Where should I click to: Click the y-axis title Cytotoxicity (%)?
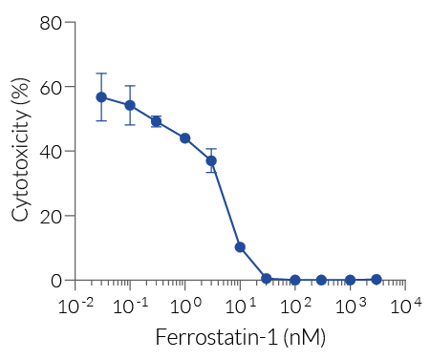click(20, 150)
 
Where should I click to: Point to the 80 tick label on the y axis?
click(51, 22)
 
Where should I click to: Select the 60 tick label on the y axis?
click(51, 87)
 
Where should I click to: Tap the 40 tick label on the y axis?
click(51, 151)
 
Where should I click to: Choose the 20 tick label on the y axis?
click(51, 216)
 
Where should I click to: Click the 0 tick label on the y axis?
click(56, 281)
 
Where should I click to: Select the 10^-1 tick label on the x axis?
click(128, 306)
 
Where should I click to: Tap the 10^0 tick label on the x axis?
click(184, 306)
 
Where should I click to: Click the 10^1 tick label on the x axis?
click(240, 306)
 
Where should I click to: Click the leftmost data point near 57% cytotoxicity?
click(101, 97)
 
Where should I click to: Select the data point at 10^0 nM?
click(185, 138)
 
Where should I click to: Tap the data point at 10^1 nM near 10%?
click(240, 247)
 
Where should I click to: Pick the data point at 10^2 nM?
click(295, 280)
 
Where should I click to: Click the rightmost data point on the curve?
click(376, 279)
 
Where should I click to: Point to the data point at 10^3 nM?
click(351, 280)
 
